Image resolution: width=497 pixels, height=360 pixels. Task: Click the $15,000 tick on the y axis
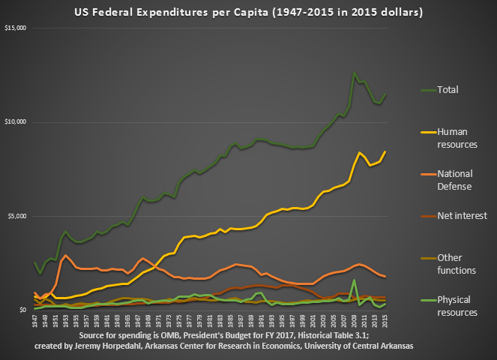[x=16, y=28]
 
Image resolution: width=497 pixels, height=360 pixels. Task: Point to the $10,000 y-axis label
[x=16, y=121]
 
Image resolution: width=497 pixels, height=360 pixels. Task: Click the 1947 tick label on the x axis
[x=36, y=321]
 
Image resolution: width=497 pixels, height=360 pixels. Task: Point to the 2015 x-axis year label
[x=385, y=321]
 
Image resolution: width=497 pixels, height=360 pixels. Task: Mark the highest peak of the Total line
[x=354, y=73]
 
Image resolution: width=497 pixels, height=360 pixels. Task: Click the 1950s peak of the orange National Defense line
[x=66, y=256]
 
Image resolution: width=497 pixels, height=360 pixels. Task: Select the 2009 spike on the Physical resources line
[x=354, y=280]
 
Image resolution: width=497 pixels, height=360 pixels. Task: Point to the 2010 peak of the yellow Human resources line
[x=360, y=152]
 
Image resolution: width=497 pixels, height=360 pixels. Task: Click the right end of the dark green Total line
[x=385, y=94]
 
